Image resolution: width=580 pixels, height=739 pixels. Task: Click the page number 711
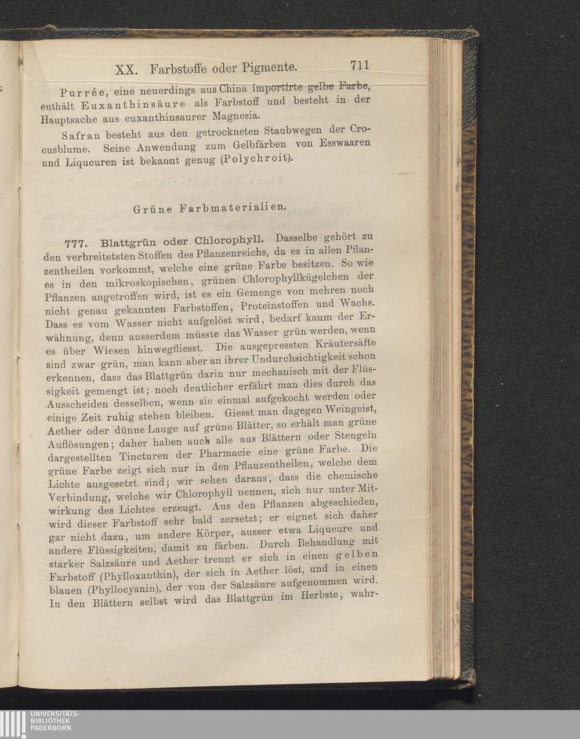[360, 65]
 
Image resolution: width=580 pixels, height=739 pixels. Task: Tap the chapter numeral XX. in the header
[126, 70]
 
